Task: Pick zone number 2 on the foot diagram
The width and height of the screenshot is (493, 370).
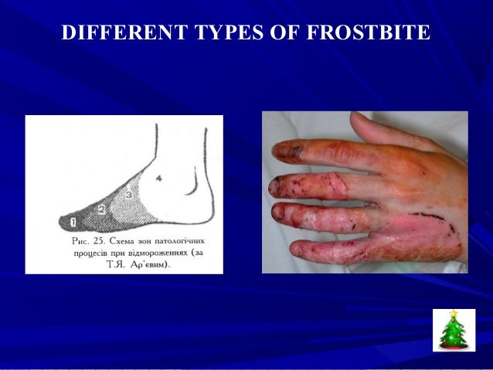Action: click(x=101, y=209)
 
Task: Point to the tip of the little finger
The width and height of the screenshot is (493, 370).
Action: click(x=298, y=250)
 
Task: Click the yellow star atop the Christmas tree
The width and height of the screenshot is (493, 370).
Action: click(x=453, y=313)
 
